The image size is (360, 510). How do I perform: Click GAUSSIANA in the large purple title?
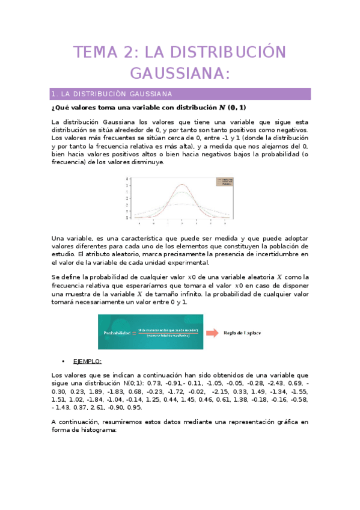pyautogui.click(x=180, y=73)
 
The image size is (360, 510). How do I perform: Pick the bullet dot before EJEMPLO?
pyautogui.click(x=64, y=361)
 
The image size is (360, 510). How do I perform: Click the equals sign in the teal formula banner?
pyautogui.click(x=134, y=332)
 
